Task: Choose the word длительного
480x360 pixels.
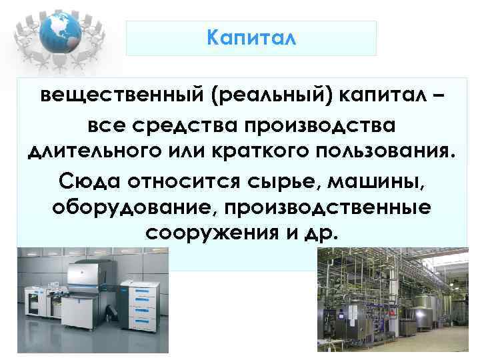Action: pyautogui.click(x=93, y=152)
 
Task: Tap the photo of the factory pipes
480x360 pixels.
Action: pyautogui.click(x=393, y=300)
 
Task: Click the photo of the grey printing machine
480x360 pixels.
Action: pyautogui.click(x=93, y=300)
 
